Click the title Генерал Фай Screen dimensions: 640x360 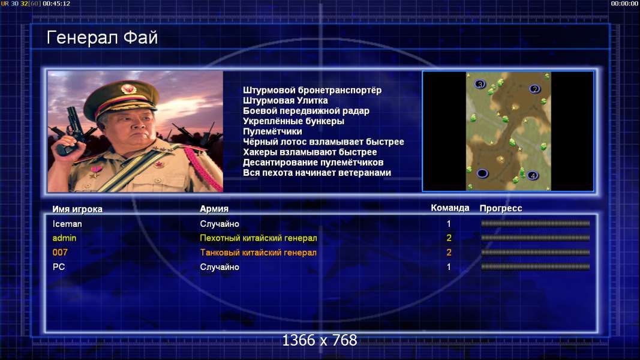[x=102, y=38]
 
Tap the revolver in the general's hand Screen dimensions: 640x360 [x=72, y=131]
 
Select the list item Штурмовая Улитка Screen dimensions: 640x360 [x=286, y=100]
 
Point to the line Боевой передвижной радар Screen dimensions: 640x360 [x=306, y=110]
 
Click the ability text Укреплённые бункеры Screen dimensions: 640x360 [x=293, y=121]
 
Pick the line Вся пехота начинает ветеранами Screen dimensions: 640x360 [x=317, y=173]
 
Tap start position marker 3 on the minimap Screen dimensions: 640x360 [x=480, y=84]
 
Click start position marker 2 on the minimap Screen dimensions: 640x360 [x=534, y=89]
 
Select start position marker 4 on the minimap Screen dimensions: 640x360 [x=532, y=176]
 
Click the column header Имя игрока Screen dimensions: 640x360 [x=77, y=209]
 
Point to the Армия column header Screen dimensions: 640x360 [x=214, y=209]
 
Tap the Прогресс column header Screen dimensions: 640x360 [x=501, y=208]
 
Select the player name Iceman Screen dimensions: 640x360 [x=67, y=224]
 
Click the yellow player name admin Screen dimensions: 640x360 [x=65, y=238]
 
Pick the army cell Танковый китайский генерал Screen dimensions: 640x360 [x=259, y=253]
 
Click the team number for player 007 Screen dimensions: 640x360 [x=449, y=252]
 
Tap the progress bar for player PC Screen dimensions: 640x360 [x=536, y=267]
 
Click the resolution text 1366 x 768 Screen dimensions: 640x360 [x=320, y=340]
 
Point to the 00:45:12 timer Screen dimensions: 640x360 [x=56, y=4]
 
